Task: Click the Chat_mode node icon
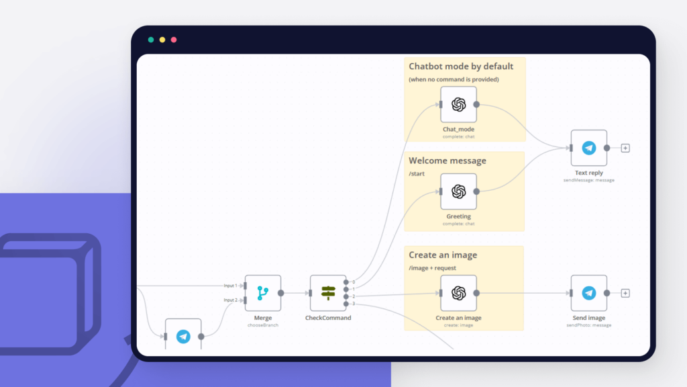[458, 104]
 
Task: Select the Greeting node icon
[458, 191]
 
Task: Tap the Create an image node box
[458, 293]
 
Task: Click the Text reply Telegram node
[588, 148]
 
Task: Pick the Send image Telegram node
[588, 293]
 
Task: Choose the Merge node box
[262, 293]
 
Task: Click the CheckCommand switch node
[328, 293]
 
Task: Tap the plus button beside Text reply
[625, 148]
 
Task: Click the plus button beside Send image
[625, 293]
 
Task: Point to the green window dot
[151, 40]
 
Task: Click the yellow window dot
[162, 40]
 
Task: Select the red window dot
[174, 40]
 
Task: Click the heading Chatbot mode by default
[461, 67]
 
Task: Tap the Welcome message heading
[447, 161]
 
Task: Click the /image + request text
[432, 268]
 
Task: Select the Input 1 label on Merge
[230, 286]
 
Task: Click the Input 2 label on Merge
[230, 300]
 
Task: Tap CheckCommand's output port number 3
[346, 304]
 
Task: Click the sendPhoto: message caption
[588, 325]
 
